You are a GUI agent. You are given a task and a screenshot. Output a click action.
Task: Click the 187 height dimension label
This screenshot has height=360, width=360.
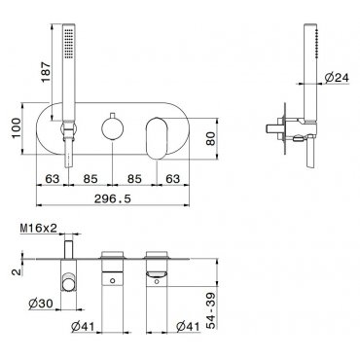(46, 72)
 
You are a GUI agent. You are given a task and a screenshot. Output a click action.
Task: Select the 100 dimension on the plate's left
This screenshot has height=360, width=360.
(17, 127)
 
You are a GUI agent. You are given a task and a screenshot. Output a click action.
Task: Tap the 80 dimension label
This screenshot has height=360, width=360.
(211, 139)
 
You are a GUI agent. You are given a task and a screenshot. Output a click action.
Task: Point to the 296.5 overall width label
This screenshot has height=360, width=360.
(113, 198)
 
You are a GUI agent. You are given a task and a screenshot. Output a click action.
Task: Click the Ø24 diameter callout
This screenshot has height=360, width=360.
(337, 78)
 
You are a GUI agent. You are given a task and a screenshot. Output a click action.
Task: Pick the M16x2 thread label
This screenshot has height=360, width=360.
(39, 228)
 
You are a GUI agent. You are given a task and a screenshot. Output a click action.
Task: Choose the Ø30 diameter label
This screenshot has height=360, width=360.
(40, 304)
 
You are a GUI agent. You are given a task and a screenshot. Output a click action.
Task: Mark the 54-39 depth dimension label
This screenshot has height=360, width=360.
(211, 310)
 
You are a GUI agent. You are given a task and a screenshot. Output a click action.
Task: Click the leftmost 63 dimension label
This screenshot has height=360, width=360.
(53, 179)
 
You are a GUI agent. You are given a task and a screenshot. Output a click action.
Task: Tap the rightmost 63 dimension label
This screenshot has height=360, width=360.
(172, 179)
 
